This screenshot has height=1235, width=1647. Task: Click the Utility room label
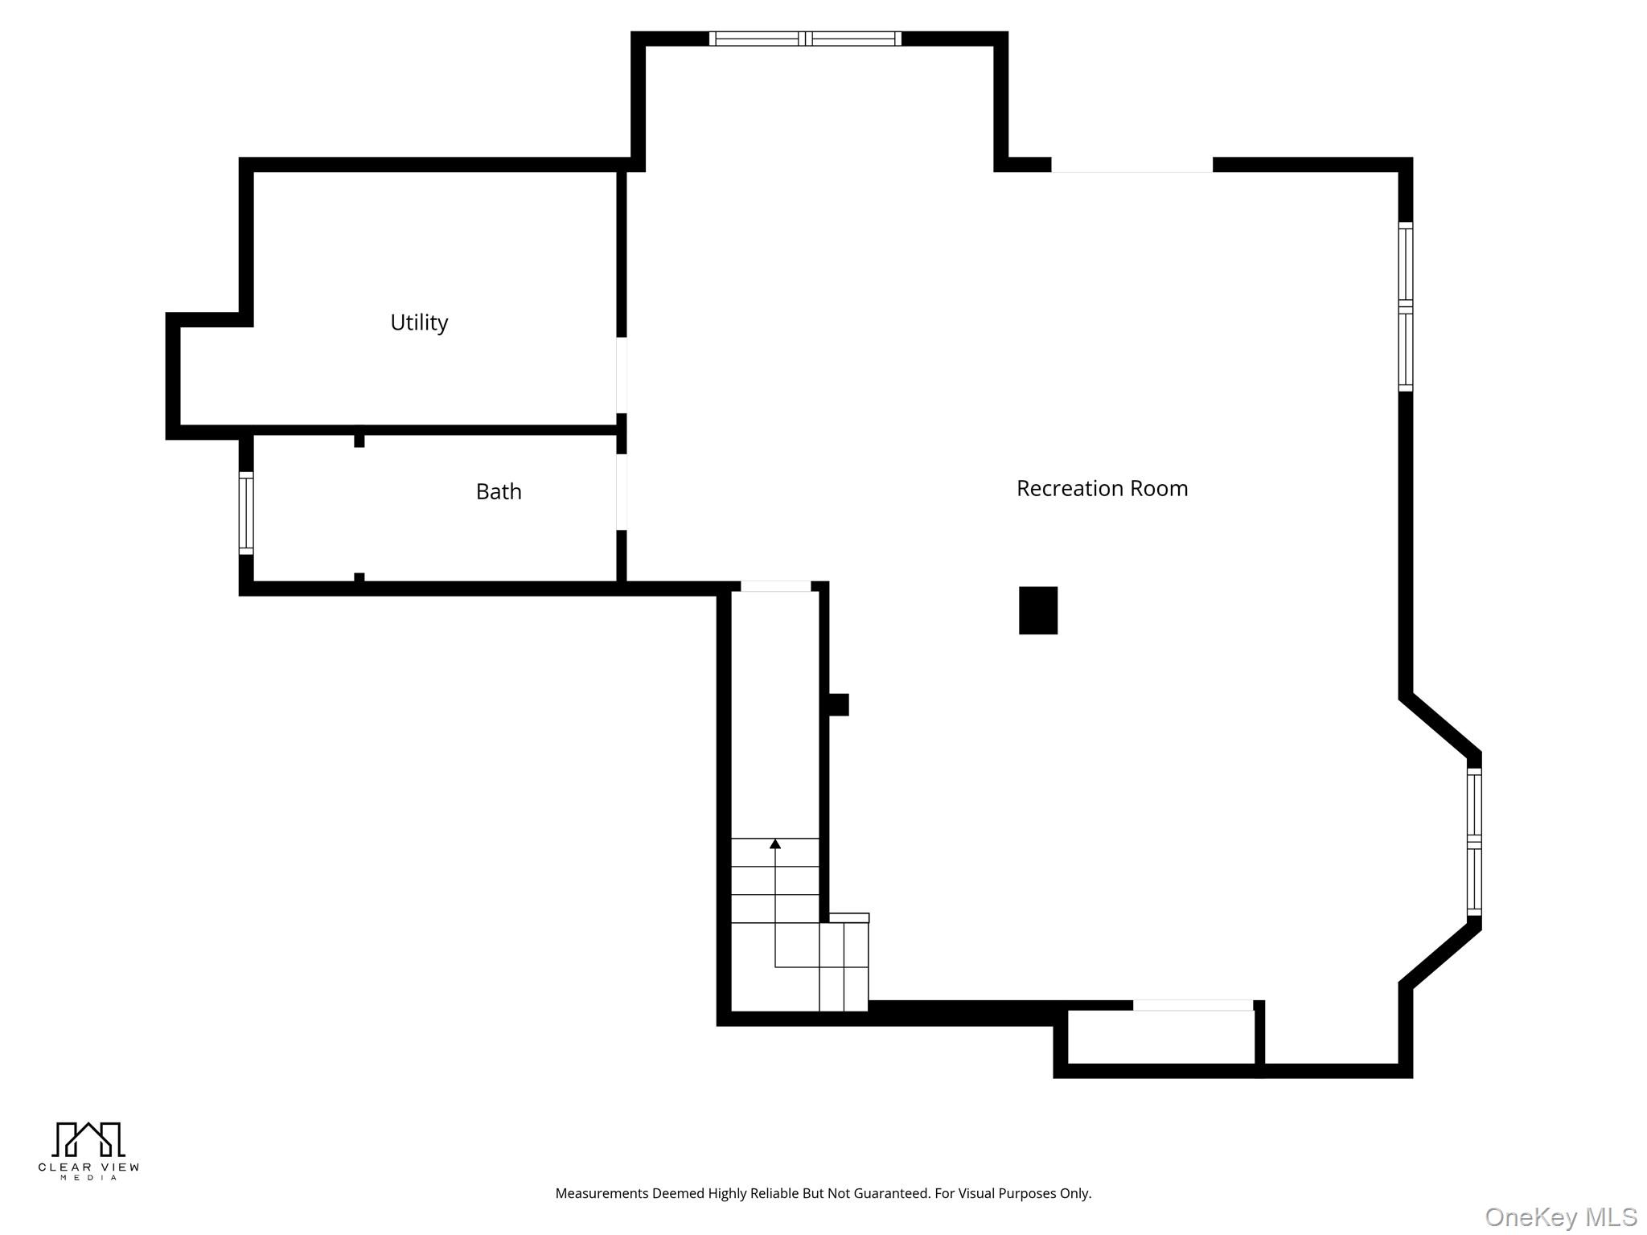tap(419, 322)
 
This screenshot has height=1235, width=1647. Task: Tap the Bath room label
tap(499, 491)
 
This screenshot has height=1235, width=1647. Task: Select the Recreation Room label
tap(1102, 488)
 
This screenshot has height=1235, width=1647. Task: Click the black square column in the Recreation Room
tap(1037, 610)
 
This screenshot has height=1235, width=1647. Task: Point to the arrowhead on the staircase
tap(775, 843)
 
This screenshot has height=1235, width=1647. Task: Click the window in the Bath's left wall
tap(246, 513)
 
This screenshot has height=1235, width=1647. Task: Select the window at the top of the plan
tap(805, 39)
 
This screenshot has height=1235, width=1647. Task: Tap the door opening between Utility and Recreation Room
tap(622, 375)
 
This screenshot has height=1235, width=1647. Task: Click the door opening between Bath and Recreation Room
tap(622, 492)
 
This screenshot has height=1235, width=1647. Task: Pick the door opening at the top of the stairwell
tap(775, 586)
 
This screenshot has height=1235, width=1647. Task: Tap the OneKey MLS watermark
tap(1560, 1217)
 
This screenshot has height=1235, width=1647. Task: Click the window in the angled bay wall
tap(1474, 841)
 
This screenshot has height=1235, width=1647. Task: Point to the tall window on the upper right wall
tap(1405, 307)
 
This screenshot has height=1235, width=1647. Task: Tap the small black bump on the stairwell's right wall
tap(838, 704)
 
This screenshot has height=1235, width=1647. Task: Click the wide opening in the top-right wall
tap(1132, 165)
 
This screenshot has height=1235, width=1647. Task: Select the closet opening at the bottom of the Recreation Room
tap(1193, 1005)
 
